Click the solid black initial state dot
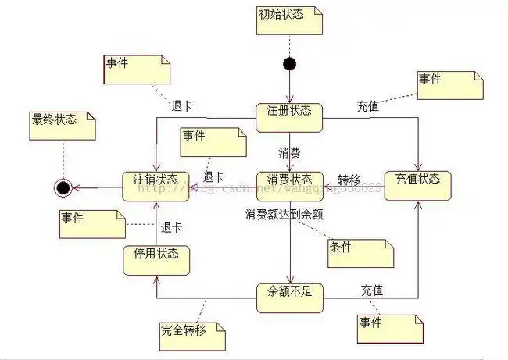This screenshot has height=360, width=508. [x=289, y=63]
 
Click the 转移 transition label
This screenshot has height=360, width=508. [x=349, y=178]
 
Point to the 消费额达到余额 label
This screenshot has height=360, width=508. [x=284, y=213]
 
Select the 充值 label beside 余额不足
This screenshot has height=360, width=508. [x=372, y=290]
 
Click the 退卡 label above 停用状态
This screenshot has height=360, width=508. [x=171, y=227]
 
